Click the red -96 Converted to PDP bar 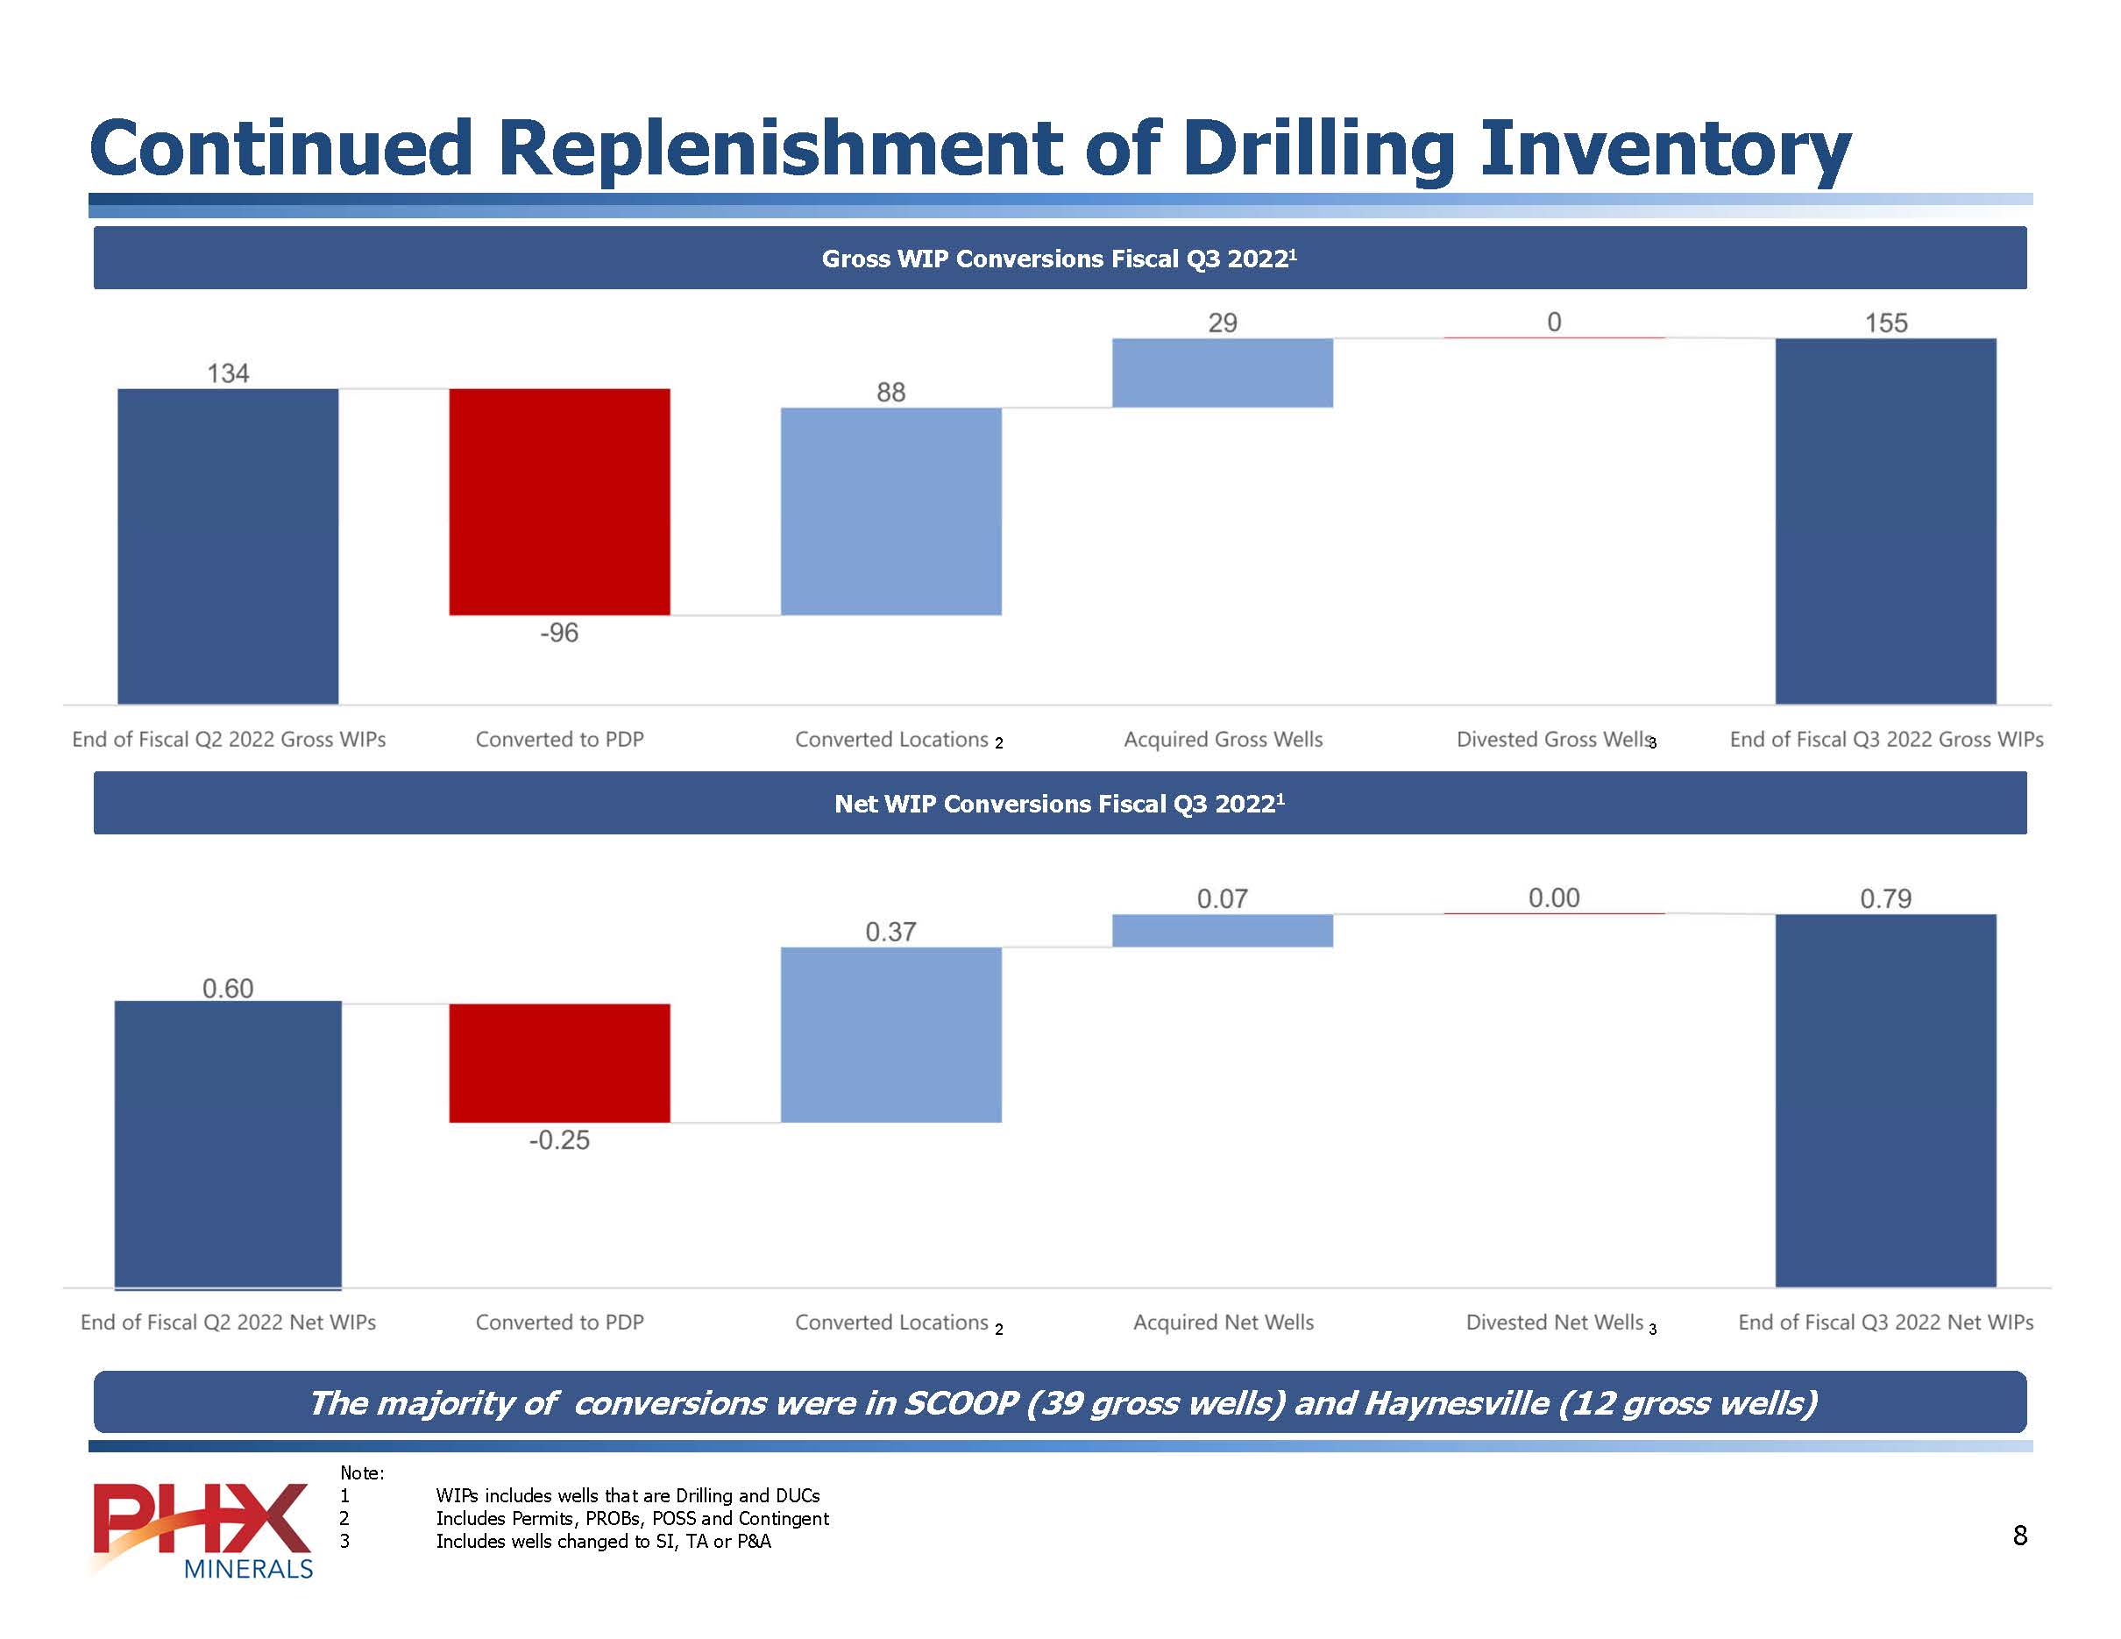(559, 501)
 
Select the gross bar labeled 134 (228, 546)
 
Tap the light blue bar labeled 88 (890, 511)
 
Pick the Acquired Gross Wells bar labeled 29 (1222, 372)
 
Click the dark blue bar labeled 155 (1885, 521)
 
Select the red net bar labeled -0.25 (559, 1062)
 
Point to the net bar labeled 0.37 (890, 1034)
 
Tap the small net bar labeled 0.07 (1222, 930)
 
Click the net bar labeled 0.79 (1885, 1100)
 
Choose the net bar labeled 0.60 (228, 1144)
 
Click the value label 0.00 (1554, 898)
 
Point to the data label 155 (1885, 323)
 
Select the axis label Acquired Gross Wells (1223, 740)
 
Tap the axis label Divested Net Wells (1554, 1323)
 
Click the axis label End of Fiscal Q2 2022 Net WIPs (228, 1323)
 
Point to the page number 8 (2020, 1535)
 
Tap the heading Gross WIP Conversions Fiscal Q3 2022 (1059, 259)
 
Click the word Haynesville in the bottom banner (1456, 1403)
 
